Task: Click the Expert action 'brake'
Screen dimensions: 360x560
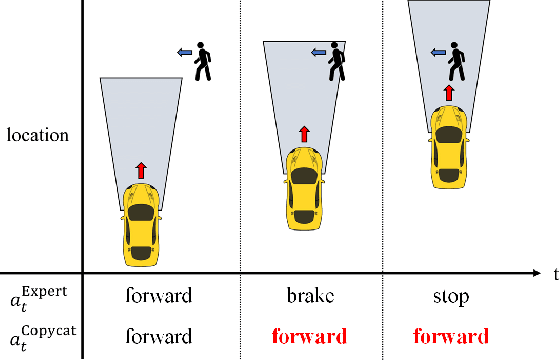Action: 304,297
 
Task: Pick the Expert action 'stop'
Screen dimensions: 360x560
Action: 447,297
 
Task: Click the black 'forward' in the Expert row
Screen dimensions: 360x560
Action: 159,297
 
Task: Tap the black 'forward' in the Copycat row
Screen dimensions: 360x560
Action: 159,335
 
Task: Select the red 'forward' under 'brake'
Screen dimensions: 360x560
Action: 304,335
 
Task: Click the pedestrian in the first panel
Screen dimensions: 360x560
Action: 204,61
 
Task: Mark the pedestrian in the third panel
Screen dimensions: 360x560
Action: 457,61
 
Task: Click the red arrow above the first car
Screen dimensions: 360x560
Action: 141,170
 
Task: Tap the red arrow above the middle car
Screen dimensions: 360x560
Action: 304,134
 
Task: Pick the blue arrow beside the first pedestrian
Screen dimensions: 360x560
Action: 184,52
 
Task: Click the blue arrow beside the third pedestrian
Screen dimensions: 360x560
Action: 436,52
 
